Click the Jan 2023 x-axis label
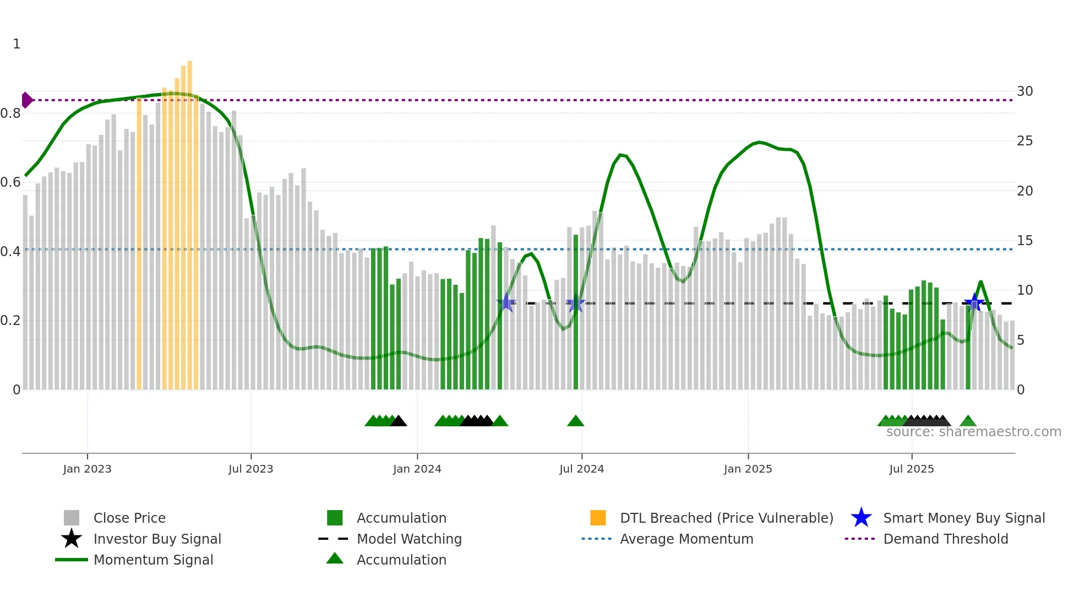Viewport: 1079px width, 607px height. [x=87, y=469]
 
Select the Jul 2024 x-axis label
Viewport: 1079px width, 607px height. [x=581, y=469]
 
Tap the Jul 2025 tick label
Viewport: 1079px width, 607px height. [x=911, y=469]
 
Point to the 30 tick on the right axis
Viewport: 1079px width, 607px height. [x=1024, y=91]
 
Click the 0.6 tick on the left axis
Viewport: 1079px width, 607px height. [x=10, y=182]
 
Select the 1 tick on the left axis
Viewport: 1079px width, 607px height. [x=17, y=44]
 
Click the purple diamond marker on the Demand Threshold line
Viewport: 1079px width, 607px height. [x=26, y=100]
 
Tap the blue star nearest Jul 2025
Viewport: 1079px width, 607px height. [x=974, y=302]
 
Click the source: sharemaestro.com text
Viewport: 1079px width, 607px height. [x=973, y=432]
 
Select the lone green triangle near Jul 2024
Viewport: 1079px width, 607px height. [x=575, y=421]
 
